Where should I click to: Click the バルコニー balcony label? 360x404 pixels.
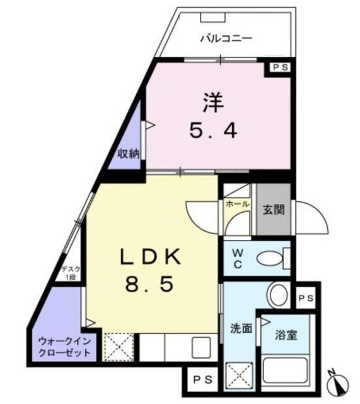tap(226, 39)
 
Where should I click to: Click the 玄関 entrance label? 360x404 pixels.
tap(274, 210)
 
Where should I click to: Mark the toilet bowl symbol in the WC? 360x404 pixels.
tap(272, 258)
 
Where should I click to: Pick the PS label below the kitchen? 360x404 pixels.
tap(203, 380)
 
